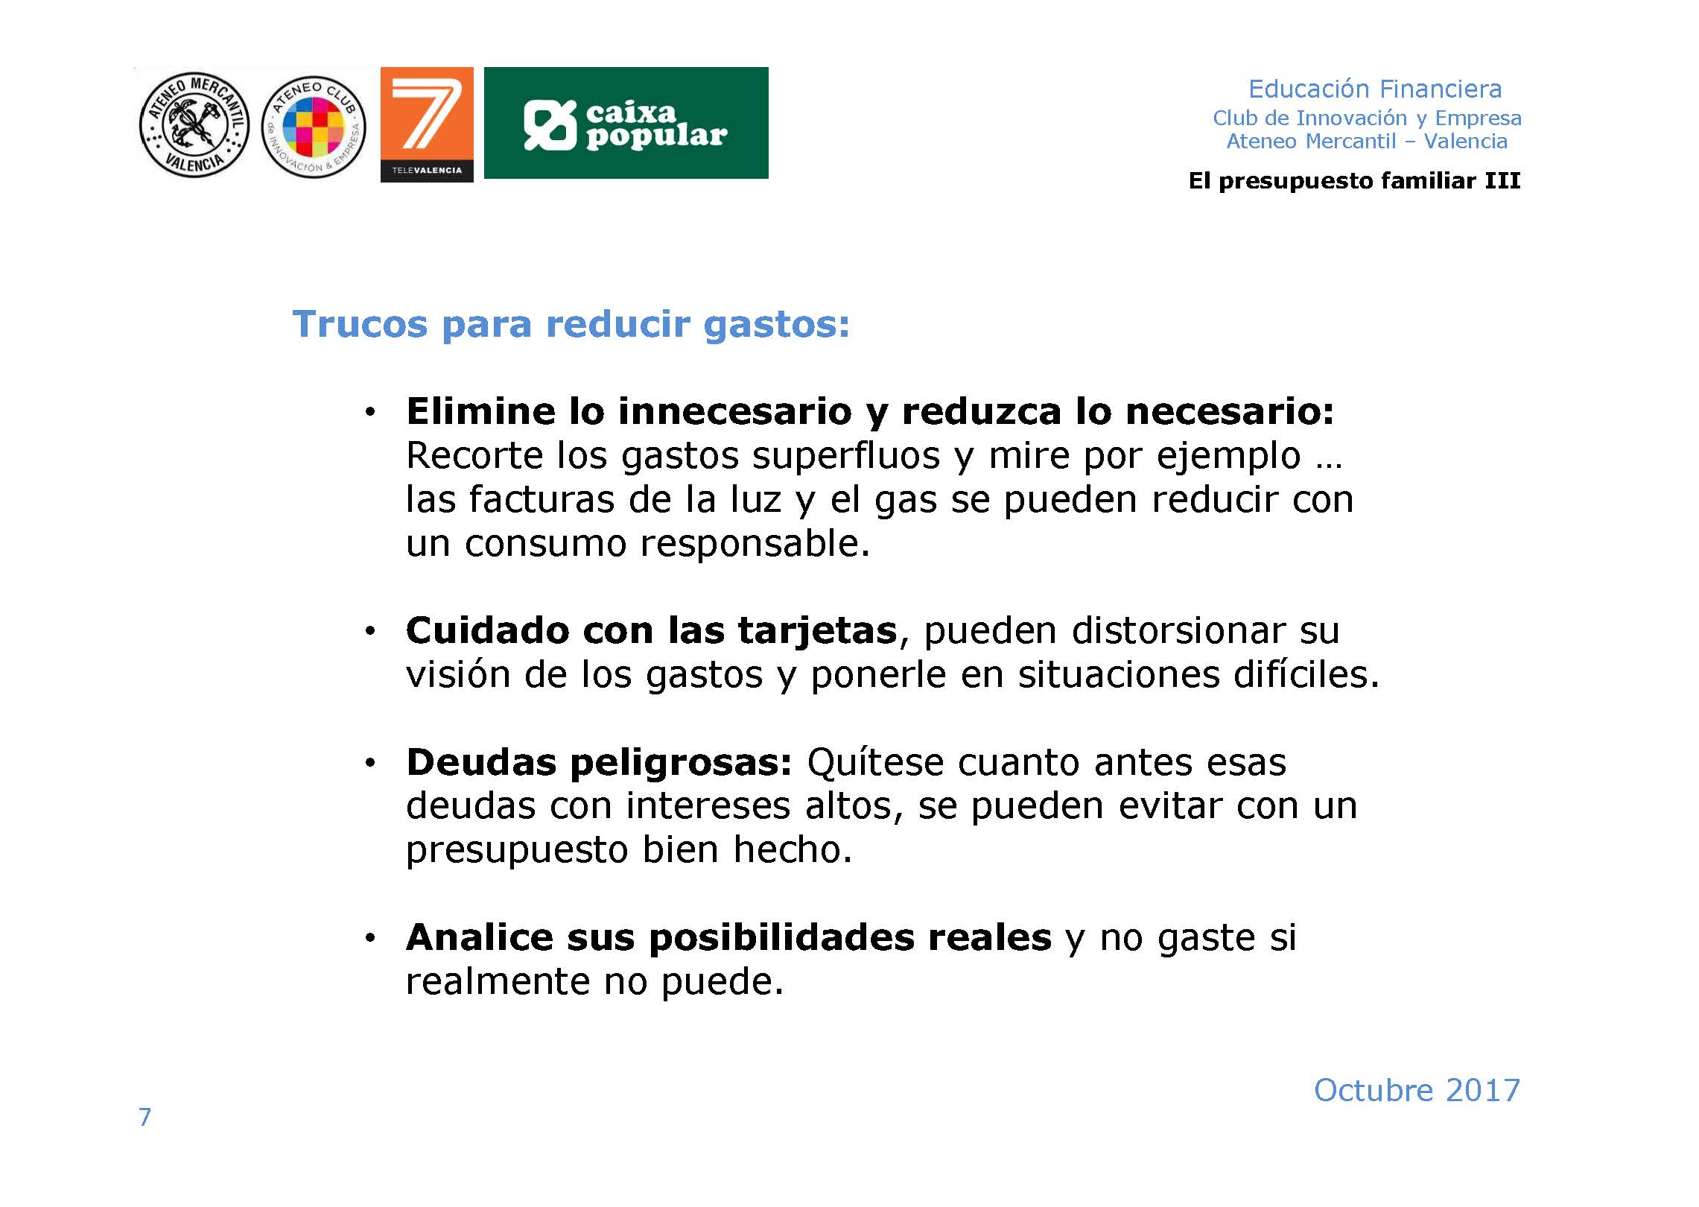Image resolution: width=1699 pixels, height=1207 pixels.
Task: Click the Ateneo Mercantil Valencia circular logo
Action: (x=194, y=125)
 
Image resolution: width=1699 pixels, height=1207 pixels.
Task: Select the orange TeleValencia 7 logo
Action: (x=427, y=124)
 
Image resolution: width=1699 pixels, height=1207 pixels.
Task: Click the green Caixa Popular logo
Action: (x=626, y=123)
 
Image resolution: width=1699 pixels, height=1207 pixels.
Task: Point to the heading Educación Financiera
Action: (x=1375, y=89)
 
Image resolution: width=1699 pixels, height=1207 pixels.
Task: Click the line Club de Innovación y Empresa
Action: (x=1367, y=118)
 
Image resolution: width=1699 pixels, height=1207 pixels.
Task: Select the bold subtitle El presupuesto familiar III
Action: (x=1354, y=180)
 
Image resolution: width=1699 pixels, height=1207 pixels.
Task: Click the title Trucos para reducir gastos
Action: (x=571, y=324)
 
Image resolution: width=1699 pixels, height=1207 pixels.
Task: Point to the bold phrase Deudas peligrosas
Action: (x=599, y=763)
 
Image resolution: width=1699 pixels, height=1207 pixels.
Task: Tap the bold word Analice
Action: (x=479, y=937)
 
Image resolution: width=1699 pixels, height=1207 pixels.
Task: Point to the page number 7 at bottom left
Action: (x=145, y=1117)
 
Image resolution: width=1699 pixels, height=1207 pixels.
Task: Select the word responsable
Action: (x=755, y=543)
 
